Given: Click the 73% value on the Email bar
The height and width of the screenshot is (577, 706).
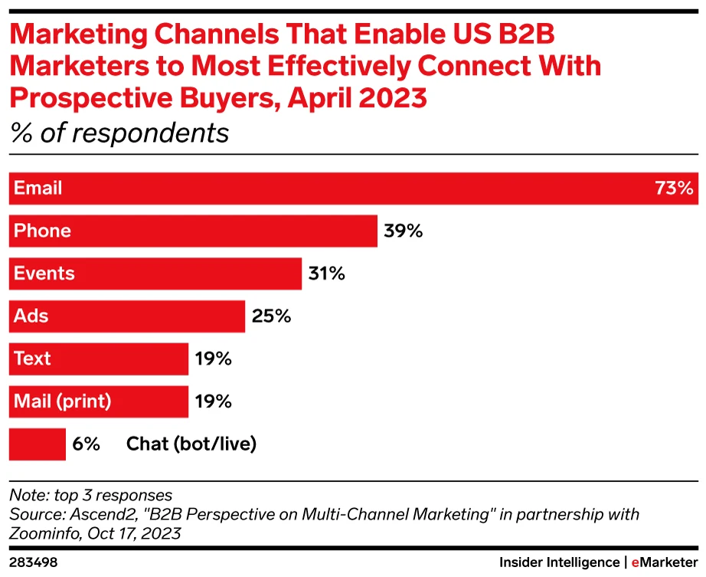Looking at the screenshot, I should pos(674,189).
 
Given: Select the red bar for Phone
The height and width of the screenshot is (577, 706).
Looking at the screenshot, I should pos(230,231).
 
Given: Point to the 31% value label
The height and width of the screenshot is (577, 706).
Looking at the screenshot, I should pos(327,274).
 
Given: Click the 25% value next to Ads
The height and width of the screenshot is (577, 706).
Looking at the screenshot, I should pos(271,316).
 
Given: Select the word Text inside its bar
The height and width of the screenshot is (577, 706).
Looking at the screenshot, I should pos(32,359).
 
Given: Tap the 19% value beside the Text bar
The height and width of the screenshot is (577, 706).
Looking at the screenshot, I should pos(214,359).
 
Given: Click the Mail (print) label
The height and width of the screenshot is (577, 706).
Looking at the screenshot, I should pos(63,401).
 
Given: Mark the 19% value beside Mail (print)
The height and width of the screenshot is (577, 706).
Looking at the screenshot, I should pos(214,401).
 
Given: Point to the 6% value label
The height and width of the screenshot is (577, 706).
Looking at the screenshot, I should pos(86,444).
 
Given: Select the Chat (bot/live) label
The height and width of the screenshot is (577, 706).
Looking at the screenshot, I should pos(191,444).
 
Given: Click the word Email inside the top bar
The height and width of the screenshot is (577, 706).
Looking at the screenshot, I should pos(38,189).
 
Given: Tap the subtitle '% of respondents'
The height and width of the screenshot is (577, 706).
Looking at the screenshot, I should pos(119,133).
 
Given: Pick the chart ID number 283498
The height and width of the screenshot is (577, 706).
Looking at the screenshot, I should pos(33,562).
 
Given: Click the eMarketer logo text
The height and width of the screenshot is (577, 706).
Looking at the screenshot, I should pos(663,562).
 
